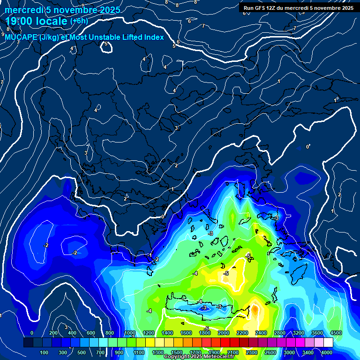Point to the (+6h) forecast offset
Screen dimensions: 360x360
[79, 21]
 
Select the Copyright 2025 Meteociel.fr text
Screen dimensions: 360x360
[199, 357]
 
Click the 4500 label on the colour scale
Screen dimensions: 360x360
[336, 333]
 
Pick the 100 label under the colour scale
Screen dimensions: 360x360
[44, 352]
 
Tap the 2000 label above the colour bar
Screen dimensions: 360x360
[224, 333]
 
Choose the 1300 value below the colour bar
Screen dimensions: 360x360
[157, 352]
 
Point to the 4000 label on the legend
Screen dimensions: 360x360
[326, 352]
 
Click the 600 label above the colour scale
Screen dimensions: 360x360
[91, 333]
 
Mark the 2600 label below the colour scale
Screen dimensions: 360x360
[270, 352]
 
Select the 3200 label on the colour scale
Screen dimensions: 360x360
[298, 333]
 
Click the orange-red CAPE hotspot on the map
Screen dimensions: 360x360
[255, 309]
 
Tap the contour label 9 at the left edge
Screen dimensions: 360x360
[3, 34]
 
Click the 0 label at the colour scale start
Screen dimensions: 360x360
[31, 333]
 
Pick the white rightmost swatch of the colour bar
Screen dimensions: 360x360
[328, 343]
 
